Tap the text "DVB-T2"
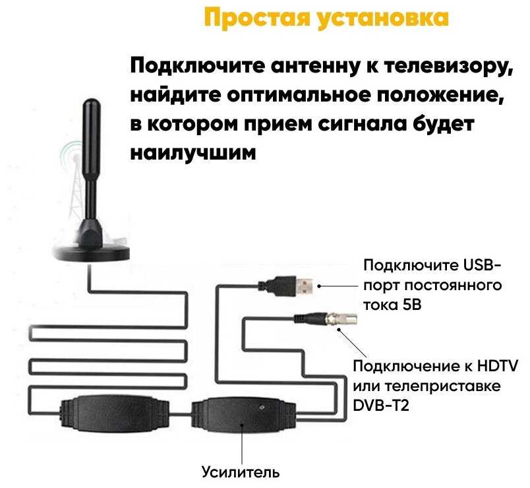coord(381,405)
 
